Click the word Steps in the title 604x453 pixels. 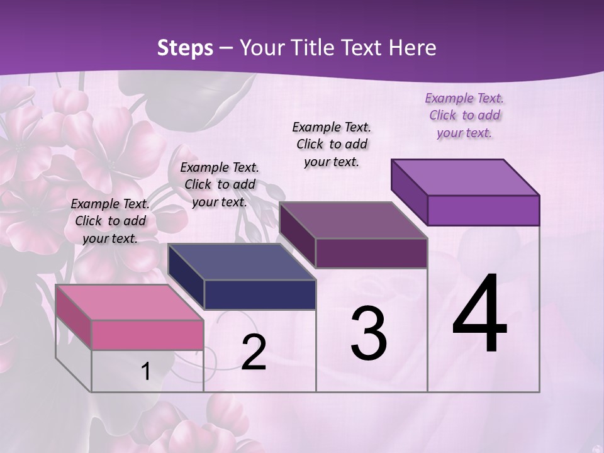[185, 48]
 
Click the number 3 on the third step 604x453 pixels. [368, 333]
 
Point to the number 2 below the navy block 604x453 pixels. [254, 352]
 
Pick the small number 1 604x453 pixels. [146, 372]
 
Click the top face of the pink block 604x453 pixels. [129, 302]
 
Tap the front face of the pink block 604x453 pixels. [147, 335]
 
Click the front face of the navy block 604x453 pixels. [260, 294]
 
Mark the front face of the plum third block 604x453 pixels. [371, 253]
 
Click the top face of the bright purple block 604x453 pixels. [466, 177]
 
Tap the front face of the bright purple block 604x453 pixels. [483, 210]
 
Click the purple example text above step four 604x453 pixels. [464, 116]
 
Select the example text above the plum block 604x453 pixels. [332, 144]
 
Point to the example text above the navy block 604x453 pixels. [220, 184]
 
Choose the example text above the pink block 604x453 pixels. [110, 221]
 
